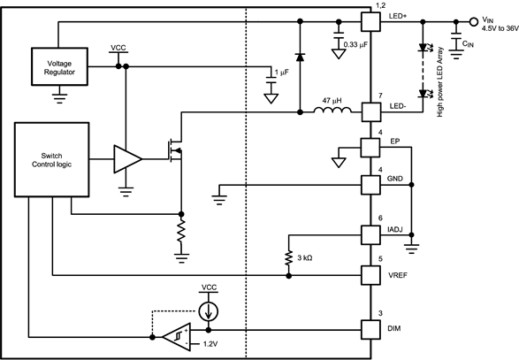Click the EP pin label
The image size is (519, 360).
(x=395, y=140)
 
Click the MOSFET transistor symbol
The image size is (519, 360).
(x=176, y=150)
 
